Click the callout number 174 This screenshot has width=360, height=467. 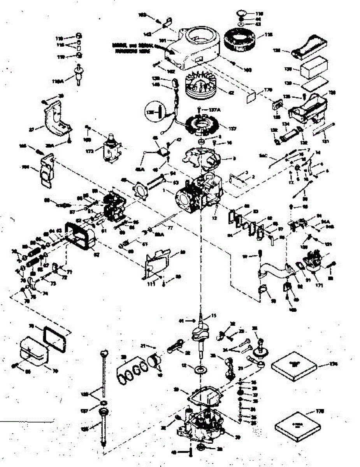tap(333, 364)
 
